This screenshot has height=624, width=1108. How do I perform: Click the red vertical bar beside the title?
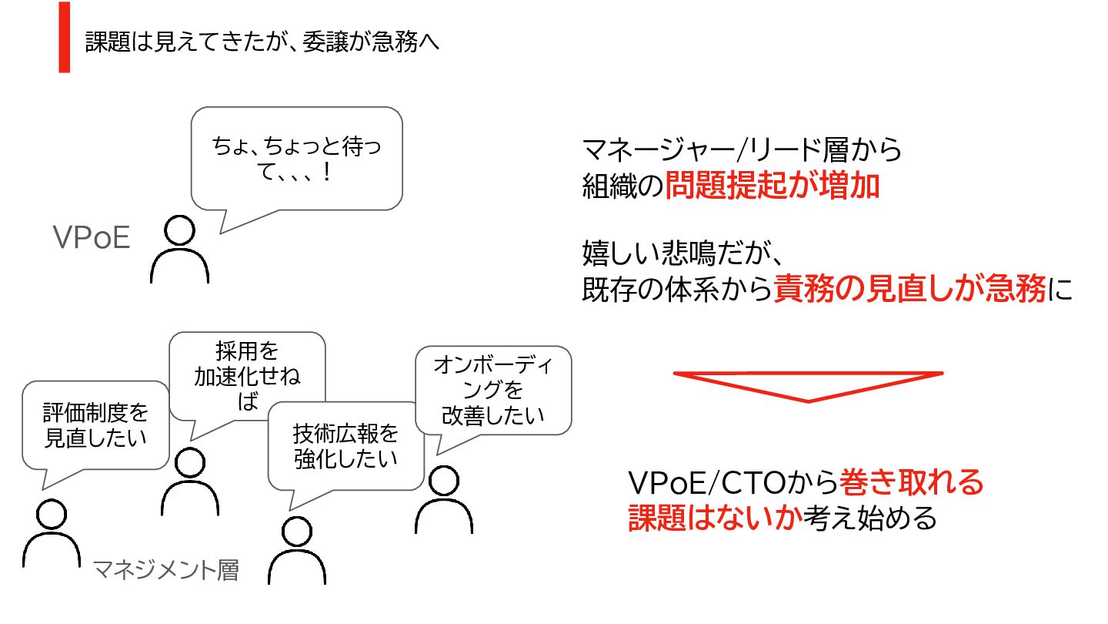(x=64, y=37)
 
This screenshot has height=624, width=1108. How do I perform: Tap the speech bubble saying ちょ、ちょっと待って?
(x=296, y=159)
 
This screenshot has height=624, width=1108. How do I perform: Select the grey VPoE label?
(x=92, y=239)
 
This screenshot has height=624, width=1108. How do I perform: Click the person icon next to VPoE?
(x=179, y=250)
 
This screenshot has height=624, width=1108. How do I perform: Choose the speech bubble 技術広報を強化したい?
(x=345, y=446)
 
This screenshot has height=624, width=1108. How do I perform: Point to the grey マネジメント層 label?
(x=165, y=571)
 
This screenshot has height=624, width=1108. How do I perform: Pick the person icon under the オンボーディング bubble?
(x=444, y=500)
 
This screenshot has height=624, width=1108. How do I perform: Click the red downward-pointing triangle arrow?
(x=808, y=384)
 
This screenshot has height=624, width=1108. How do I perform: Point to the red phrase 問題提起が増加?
(x=772, y=186)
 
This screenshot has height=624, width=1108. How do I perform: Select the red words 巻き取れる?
(x=912, y=483)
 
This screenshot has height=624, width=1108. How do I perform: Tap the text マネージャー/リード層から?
(x=742, y=149)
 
